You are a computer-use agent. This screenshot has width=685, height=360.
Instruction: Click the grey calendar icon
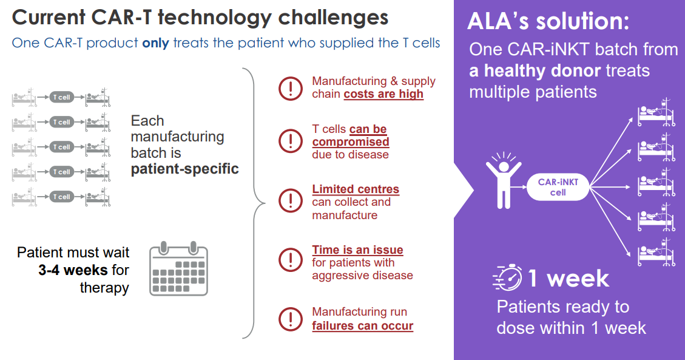coord(178,268)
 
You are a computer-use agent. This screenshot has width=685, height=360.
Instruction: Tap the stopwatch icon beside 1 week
coord(508,277)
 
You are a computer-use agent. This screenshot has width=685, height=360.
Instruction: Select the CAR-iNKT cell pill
coord(558,187)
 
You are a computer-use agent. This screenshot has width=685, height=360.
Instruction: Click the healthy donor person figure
coord(504,180)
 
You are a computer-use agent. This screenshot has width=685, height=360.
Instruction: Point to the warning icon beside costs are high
coord(291,88)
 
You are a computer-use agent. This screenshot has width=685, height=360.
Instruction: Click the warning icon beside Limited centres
coord(291,201)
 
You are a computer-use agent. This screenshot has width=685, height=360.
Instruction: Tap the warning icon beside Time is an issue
coord(291,260)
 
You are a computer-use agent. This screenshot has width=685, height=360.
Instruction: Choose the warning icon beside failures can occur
coord(291,319)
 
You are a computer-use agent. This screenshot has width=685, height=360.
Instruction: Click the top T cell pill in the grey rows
coord(62,97)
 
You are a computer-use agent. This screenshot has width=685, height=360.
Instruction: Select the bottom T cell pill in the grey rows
coord(62,197)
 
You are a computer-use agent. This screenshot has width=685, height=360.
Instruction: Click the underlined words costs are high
coord(383,94)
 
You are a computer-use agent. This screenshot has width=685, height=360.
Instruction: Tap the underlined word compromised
coord(350,141)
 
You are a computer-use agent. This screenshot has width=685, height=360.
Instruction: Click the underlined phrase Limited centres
coord(356,189)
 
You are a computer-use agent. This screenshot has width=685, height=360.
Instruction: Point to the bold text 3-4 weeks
coord(73,270)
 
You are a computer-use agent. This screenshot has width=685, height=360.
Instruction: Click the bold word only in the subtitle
coord(155,43)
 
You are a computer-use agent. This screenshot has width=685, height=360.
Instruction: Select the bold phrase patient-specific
coord(185,169)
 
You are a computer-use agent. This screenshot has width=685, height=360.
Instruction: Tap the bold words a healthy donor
coord(535,71)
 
